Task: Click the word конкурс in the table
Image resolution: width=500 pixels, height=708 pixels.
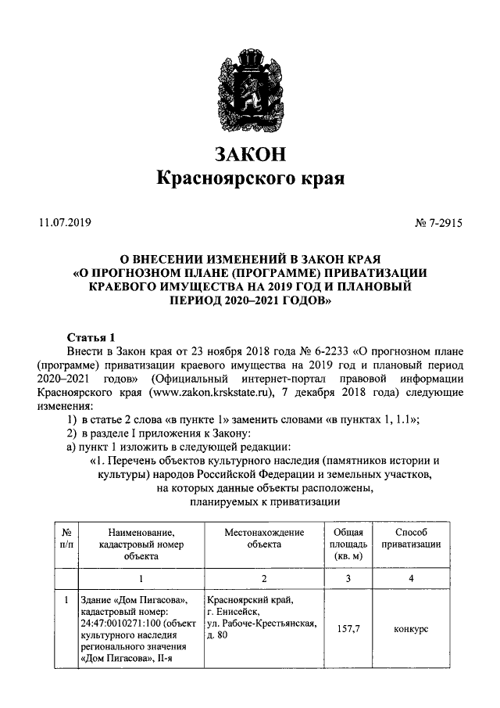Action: [x=411, y=629]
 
